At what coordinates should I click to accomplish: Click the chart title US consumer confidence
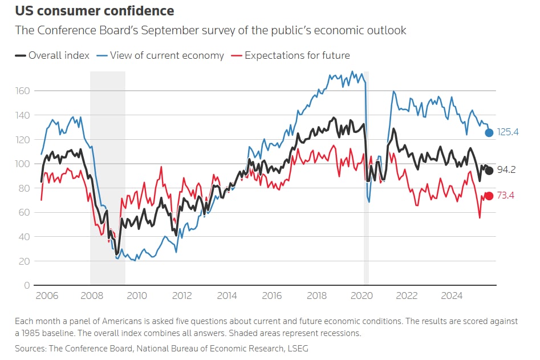click(x=95, y=11)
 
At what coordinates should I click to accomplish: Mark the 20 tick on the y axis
click(x=25, y=261)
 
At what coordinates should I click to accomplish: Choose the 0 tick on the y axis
click(x=27, y=285)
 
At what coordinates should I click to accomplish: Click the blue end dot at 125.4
click(x=489, y=132)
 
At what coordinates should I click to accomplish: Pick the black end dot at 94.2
click(x=489, y=171)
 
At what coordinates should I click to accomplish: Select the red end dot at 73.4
click(x=489, y=196)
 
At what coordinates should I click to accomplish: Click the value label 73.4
click(x=506, y=196)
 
